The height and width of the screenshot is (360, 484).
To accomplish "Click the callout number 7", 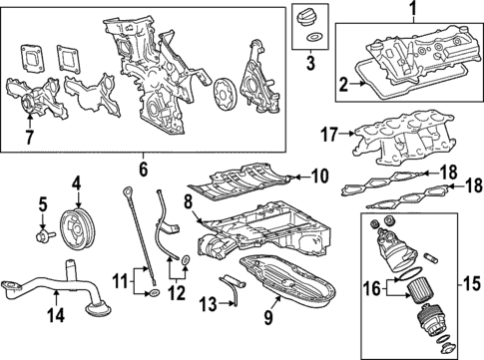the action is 29,138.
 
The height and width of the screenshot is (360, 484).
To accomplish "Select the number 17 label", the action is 329,135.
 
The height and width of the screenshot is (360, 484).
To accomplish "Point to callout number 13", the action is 209,303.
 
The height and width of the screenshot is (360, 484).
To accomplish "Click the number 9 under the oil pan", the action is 268,317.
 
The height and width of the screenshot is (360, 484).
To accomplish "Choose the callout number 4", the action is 77,183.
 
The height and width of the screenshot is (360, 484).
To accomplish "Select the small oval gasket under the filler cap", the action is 313,37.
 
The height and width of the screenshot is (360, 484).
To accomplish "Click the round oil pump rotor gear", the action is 224,91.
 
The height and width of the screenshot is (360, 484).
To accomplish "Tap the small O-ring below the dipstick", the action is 154,293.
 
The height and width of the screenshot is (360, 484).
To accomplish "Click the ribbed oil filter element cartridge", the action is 418,291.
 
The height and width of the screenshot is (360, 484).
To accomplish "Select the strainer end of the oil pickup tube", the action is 98,310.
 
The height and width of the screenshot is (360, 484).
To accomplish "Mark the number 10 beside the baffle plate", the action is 319,177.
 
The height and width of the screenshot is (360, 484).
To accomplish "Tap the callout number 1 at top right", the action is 413,10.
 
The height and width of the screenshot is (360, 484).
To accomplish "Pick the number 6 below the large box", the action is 143,170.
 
